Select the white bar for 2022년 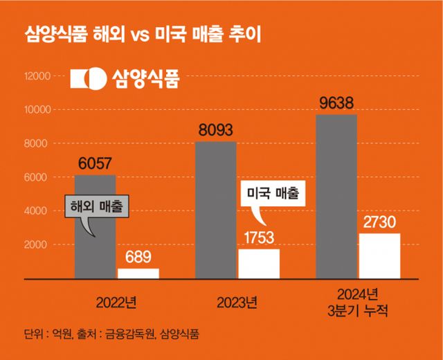(x=138, y=273)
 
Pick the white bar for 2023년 (x=259, y=264)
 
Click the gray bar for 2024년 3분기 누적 (x=337, y=197)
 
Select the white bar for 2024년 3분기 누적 (x=380, y=255)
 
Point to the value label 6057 (x=95, y=164)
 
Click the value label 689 (x=138, y=257)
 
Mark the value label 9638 (x=337, y=103)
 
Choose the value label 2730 (x=380, y=222)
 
